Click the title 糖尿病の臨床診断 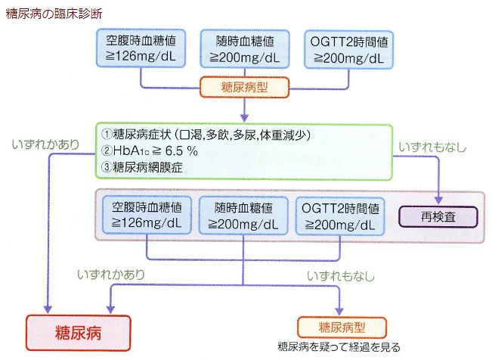pyautogui.click(x=54, y=14)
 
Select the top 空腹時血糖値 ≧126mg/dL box pyautogui.click(x=141, y=48)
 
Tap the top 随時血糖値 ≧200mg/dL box pyautogui.click(x=245, y=48)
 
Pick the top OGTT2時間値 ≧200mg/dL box pyautogui.click(x=348, y=50)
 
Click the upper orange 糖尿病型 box pyautogui.click(x=244, y=87)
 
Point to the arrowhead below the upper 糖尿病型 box pyautogui.click(x=244, y=118)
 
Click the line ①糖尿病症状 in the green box pyautogui.click(x=206, y=135)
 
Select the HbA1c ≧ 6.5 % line pyautogui.click(x=150, y=151)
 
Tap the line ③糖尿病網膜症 pyautogui.click(x=142, y=167)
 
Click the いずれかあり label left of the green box pyautogui.click(x=45, y=144)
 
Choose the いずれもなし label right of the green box pyautogui.click(x=432, y=147)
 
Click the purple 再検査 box pyautogui.click(x=438, y=217)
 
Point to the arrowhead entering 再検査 pyautogui.click(x=438, y=200)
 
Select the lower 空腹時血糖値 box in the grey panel pyautogui.click(x=147, y=215)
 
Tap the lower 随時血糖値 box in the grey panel pyautogui.click(x=243, y=216)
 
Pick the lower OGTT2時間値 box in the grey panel pyautogui.click(x=340, y=216)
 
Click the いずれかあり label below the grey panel pyautogui.click(x=111, y=275)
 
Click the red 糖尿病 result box pyautogui.click(x=78, y=333)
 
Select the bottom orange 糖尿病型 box pyautogui.click(x=342, y=327)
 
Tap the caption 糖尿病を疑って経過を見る pyautogui.click(x=339, y=347)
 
